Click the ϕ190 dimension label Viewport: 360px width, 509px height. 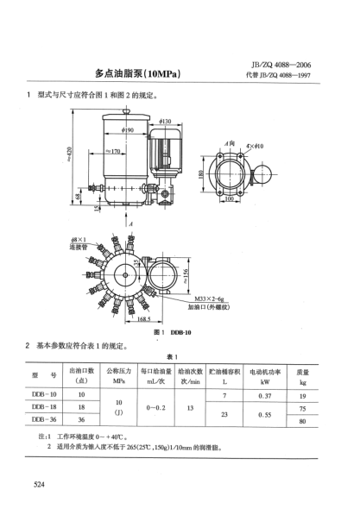coord(128,130)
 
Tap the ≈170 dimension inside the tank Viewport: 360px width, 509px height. coord(117,153)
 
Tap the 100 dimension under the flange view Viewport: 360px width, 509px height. coord(229,198)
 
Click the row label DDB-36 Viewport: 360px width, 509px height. coord(44,419)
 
